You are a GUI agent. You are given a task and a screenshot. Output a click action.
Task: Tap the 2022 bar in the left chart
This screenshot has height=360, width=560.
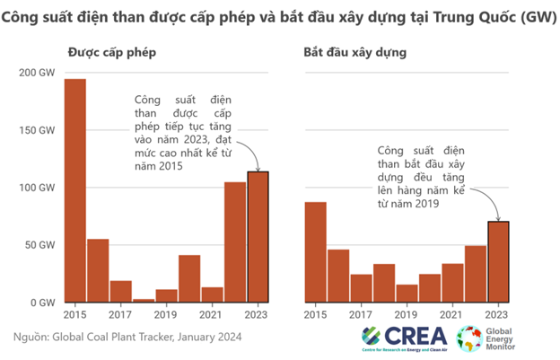click(235, 242)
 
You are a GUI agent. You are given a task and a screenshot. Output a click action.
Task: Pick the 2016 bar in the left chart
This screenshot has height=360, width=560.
click(98, 270)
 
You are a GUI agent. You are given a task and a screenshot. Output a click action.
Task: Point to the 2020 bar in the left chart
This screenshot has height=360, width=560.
click(189, 278)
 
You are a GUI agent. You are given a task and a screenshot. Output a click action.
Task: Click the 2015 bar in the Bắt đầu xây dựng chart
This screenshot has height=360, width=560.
click(315, 252)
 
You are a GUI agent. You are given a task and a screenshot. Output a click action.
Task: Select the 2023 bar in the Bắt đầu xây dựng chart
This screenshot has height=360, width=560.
click(498, 261)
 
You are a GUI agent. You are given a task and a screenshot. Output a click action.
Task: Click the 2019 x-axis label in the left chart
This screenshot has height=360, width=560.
click(166, 315)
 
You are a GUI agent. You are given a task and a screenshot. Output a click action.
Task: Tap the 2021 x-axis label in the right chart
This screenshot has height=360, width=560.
click(453, 315)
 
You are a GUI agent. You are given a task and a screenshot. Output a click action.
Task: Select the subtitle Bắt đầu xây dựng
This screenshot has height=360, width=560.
click(355, 52)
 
